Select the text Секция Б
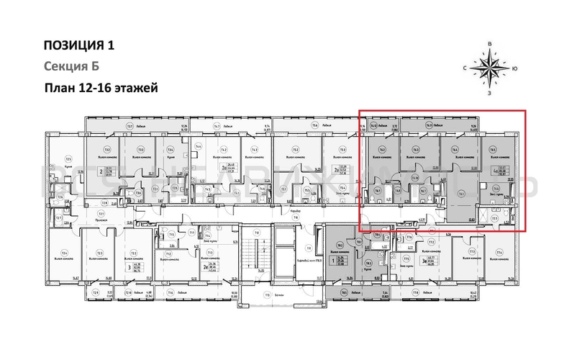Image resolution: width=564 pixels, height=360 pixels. tap(70, 67)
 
